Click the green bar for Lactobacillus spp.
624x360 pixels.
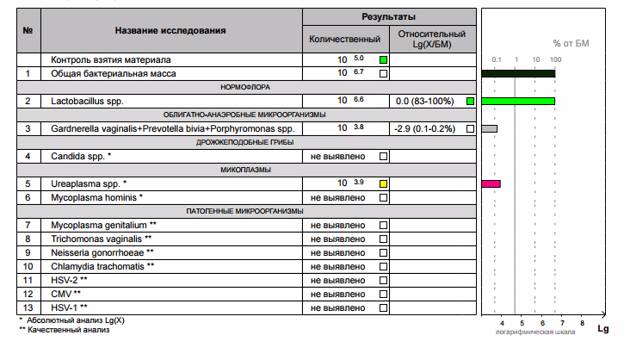click(x=518, y=101)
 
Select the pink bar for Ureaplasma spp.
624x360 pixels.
click(x=491, y=183)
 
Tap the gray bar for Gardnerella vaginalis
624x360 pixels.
click(x=489, y=128)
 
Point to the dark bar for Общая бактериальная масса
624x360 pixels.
click(x=518, y=74)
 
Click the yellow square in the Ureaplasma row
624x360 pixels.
click(x=384, y=183)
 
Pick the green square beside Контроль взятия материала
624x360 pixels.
click(x=384, y=59)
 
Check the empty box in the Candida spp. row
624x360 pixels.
click(x=384, y=156)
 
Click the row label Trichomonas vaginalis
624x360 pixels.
click(x=102, y=239)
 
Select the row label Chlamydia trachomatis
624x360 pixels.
click(x=102, y=266)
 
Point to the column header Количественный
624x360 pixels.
click(x=344, y=40)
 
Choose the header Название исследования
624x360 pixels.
click(x=170, y=30)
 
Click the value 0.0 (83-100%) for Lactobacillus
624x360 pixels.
click(x=424, y=102)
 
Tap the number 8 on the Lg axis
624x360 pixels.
click(x=582, y=322)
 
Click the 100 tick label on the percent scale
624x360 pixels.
click(x=555, y=59)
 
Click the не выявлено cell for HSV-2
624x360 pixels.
click(x=338, y=280)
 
